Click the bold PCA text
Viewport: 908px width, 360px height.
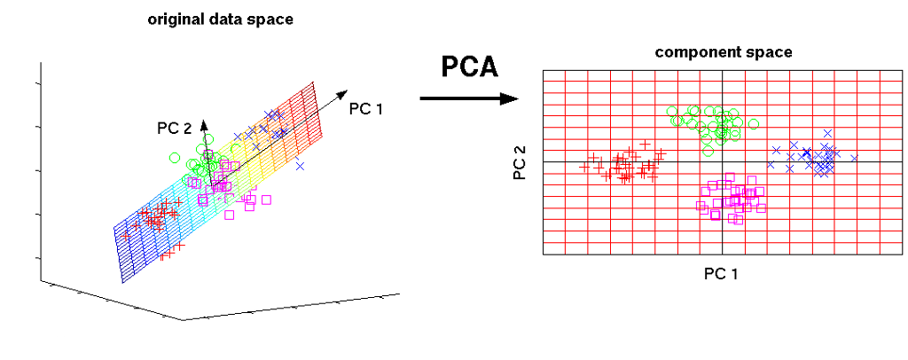470,67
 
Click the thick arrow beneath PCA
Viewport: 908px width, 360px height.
468,98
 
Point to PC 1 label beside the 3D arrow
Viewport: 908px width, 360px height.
366,108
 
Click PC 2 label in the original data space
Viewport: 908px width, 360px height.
174,129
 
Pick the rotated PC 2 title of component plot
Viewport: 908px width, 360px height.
520,161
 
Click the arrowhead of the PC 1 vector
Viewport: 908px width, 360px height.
343,93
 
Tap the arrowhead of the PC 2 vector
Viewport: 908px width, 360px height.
204,124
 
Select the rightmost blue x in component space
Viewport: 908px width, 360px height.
853,158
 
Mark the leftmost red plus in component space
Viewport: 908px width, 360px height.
585,168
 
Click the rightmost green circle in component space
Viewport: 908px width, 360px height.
754,123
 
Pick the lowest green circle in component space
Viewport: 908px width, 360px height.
708,152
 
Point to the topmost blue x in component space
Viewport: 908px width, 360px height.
827,133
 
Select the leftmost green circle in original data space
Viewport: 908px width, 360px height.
175,157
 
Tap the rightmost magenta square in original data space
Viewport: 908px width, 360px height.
266,200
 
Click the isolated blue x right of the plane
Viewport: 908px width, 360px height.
300,166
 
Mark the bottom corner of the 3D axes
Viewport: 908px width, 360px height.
184,320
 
